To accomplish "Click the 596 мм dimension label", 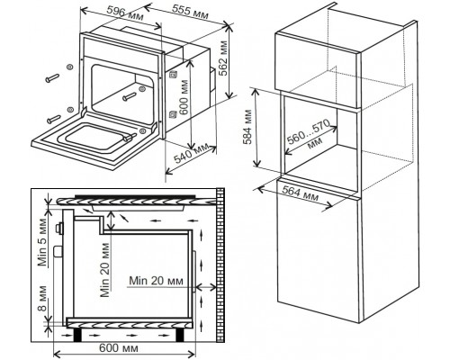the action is (125, 13).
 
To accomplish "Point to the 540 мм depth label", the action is (191, 154).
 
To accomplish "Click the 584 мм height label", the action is (248, 127).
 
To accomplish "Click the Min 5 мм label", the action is (42, 242).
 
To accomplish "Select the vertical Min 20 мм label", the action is (104, 269).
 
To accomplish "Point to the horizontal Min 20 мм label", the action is (156, 281).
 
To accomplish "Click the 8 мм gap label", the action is (42, 299).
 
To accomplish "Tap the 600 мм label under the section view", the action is (119, 348).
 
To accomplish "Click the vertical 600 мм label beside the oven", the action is (184, 97).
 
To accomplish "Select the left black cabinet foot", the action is (78, 335).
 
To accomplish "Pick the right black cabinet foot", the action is (179, 335).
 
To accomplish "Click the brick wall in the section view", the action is (220, 265).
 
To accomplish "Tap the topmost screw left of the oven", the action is (53, 77).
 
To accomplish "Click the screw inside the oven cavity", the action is (130, 96).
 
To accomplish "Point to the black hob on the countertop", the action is (135, 196).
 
